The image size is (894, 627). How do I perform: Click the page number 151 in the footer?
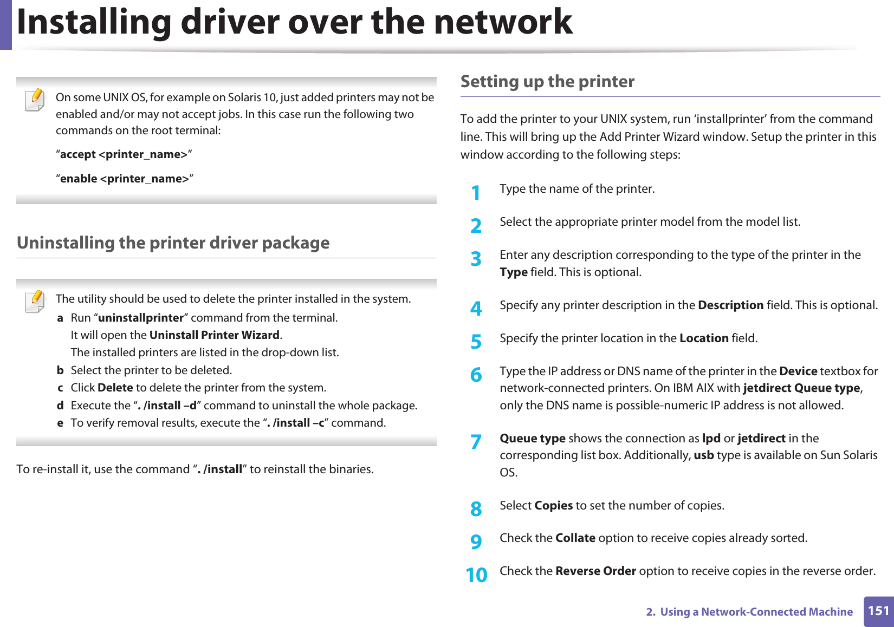coord(878,611)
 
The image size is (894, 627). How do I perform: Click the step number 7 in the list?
coord(476,442)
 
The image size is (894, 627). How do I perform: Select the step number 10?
coord(477,575)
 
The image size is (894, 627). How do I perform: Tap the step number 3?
coord(476,259)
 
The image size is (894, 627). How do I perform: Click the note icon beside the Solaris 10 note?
coord(35,101)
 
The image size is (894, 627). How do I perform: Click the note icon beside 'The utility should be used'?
coord(35,302)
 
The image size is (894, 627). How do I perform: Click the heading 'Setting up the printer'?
coord(547,82)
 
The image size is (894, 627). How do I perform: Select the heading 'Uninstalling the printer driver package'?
coord(173,243)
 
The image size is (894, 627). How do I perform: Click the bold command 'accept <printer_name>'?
coord(124,155)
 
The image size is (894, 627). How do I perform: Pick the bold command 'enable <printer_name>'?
coord(125,179)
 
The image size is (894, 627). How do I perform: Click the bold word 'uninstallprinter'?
coord(141,318)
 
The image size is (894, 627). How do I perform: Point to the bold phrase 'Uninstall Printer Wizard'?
coord(214,335)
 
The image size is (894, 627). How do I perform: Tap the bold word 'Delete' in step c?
coord(115,388)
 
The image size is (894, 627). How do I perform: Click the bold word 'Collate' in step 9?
coord(575,538)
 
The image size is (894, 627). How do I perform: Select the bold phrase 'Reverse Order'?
coord(595,571)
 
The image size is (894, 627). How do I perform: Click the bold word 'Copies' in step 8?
coord(553,506)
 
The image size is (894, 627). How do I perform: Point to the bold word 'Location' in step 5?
coord(704,338)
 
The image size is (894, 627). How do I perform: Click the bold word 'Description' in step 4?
coord(730,305)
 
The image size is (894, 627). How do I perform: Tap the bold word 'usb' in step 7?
coord(703,455)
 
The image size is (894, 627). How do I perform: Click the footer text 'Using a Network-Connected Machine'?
coord(756,612)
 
